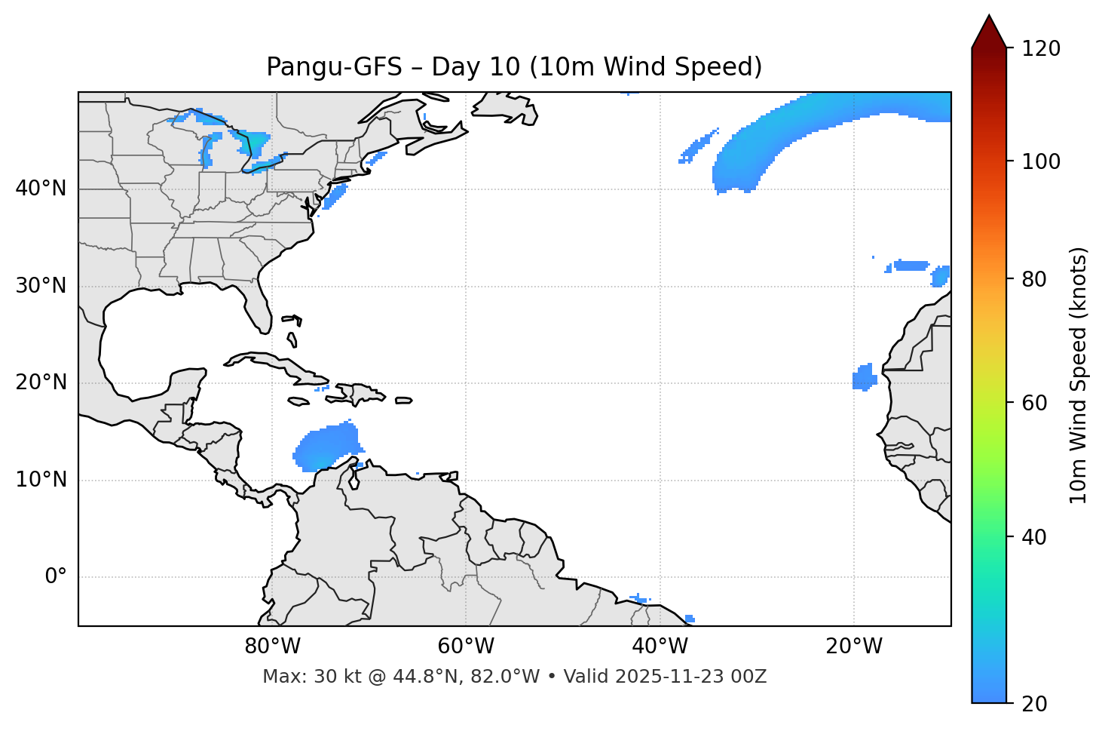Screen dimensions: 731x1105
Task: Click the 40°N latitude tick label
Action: coord(41,189)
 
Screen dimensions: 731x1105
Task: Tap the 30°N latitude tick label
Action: coord(41,286)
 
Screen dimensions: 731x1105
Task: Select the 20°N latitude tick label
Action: coord(41,382)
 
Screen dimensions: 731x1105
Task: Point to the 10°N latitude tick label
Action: coord(41,480)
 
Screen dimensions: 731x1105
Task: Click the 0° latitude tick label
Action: coord(56,577)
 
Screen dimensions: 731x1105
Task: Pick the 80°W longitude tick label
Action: coord(272,647)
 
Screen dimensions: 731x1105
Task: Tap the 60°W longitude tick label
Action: coord(466,647)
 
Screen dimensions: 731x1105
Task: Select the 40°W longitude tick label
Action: coord(660,647)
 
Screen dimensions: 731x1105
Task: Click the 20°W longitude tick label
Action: coord(853,647)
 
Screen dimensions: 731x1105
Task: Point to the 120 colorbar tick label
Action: coord(1040,49)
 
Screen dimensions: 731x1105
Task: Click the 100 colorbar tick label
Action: coord(1040,161)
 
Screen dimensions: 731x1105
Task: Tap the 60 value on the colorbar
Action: coord(1033,403)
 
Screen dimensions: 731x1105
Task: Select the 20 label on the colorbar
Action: coord(1033,704)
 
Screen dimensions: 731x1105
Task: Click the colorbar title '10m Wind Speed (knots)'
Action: coord(1079,375)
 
